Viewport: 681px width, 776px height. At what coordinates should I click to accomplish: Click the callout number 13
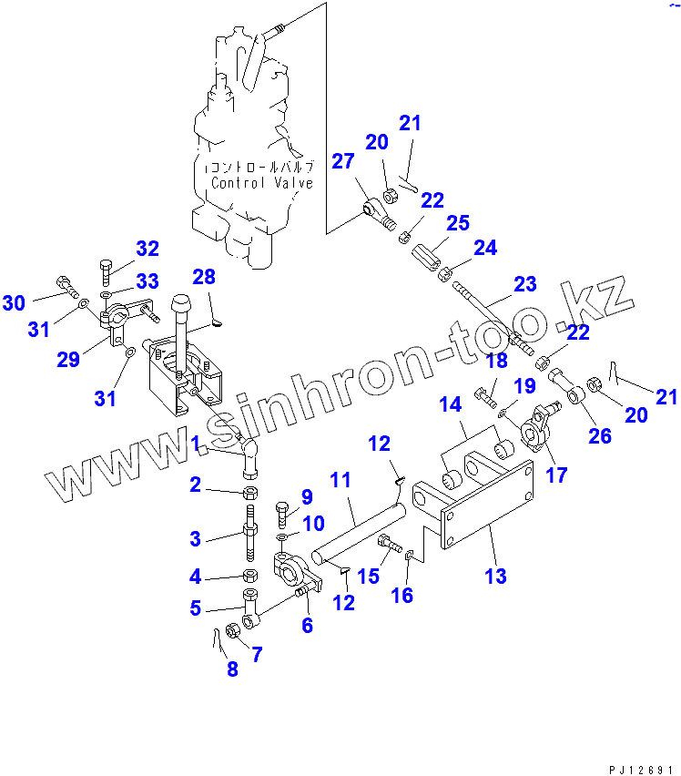coord(496,576)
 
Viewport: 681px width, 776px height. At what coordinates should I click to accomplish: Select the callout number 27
coord(341,161)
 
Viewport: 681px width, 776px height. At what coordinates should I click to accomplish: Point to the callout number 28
coord(205,276)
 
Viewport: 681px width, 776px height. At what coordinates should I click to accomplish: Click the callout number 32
coord(147,248)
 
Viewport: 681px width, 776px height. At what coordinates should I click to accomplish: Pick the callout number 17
coord(555,474)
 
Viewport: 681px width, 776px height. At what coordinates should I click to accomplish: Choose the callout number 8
coord(232,669)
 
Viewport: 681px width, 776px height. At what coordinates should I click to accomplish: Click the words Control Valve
coord(262,182)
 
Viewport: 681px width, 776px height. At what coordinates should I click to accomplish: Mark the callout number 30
coord(14,302)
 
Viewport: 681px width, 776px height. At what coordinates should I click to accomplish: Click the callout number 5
coord(195,608)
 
